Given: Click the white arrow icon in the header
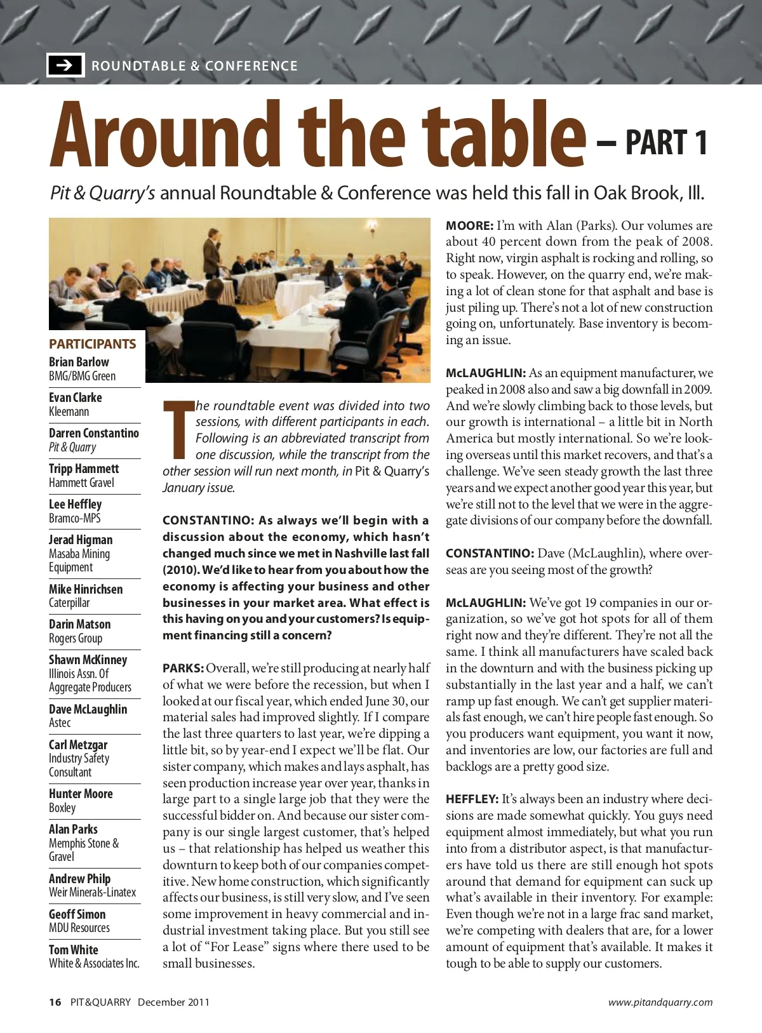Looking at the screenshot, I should point(65,65).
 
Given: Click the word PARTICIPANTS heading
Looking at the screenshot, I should point(93,344).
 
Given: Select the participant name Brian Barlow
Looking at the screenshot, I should point(79,362).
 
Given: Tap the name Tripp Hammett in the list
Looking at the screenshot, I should point(84,469).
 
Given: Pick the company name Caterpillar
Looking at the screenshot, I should point(69,603).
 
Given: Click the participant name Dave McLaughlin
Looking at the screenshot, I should point(88,709).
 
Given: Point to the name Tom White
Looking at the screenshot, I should point(74,950).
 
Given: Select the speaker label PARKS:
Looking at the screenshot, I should point(183,669).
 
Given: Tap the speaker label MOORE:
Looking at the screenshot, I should point(469,226).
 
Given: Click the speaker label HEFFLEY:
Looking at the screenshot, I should point(472,799).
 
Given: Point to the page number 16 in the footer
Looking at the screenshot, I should point(55,1003).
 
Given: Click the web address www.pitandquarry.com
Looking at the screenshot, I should point(660,1003).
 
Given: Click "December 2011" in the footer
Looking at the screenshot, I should point(173,1003).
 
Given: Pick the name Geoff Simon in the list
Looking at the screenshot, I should point(77,914).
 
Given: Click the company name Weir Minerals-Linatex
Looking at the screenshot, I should point(93,893).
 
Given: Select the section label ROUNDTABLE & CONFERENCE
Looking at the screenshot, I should point(194,66).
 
